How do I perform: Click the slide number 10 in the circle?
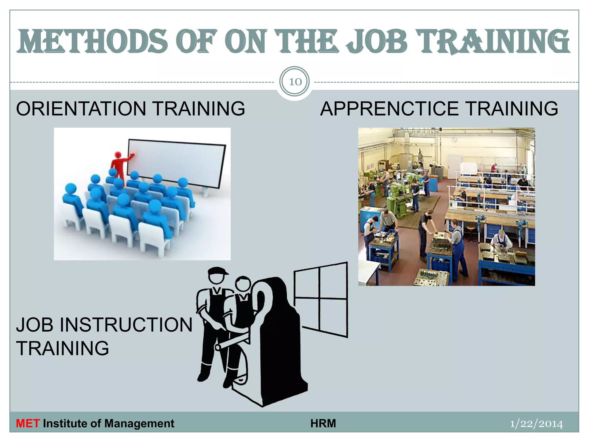(x=295, y=82)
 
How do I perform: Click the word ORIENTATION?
(x=81, y=109)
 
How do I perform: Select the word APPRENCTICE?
(x=389, y=109)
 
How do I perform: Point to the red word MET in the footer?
(x=28, y=424)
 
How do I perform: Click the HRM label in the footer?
(x=323, y=424)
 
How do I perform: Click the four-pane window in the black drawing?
(x=321, y=299)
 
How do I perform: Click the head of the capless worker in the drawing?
(x=243, y=283)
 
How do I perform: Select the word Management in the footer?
(x=139, y=424)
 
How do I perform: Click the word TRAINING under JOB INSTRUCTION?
(x=63, y=348)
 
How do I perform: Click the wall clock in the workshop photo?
(x=454, y=140)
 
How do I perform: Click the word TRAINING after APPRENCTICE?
(x=512, y=109)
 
